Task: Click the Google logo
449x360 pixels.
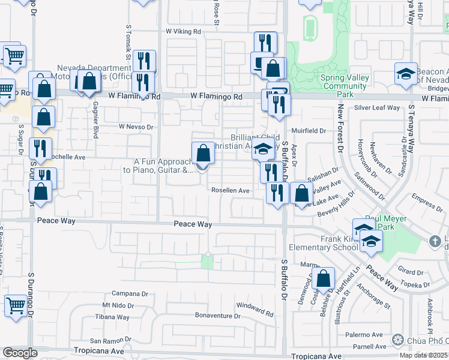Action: coord(20,353)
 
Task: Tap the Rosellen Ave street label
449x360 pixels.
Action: coord(230,190)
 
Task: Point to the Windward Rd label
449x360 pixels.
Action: coord(255,310)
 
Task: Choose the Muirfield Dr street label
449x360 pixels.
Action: coord(309,130)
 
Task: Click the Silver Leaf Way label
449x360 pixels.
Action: coord(377,108)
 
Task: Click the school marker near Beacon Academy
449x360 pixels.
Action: coord(406,74)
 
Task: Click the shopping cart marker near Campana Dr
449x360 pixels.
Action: coord(15,305)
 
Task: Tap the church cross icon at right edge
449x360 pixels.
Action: coord(435,241)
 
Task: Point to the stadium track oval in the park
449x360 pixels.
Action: coord(310,27)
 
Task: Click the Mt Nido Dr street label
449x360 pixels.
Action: coord(118,305)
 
